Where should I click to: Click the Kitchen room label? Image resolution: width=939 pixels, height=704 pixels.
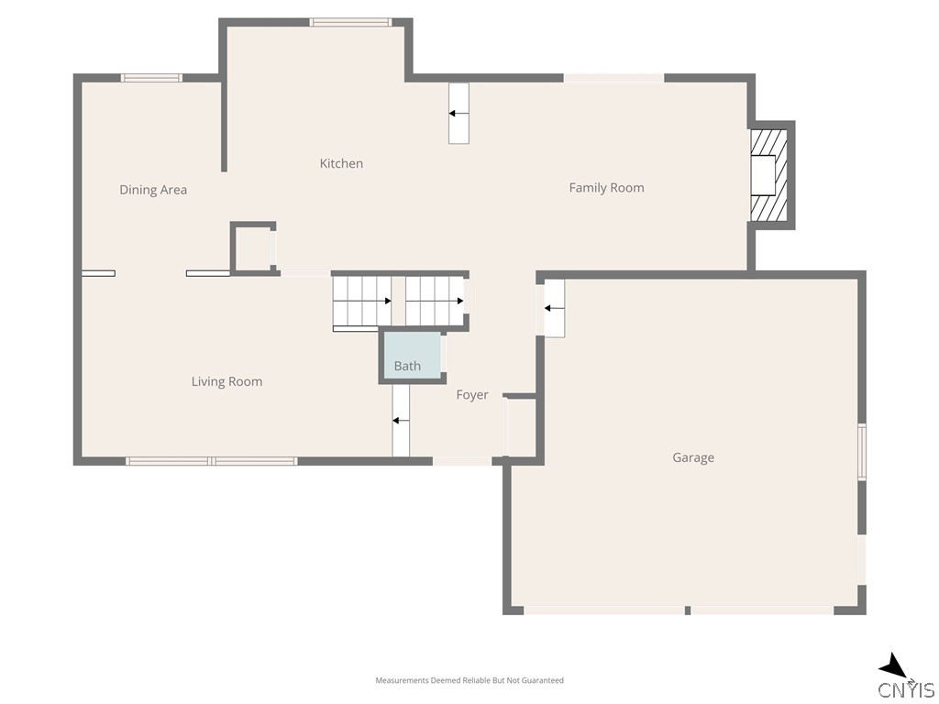coord(341,163)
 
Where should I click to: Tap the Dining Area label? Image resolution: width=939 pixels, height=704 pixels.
coord(153,190)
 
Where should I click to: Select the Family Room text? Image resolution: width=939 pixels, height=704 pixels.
coord(607,188)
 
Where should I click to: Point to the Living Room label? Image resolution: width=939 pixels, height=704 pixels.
coord(227,382)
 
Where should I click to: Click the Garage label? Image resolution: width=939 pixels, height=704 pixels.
coord(693,458)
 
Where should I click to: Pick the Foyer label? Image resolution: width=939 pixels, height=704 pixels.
coord(472,395)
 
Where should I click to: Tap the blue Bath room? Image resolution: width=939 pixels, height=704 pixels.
coord(412,355)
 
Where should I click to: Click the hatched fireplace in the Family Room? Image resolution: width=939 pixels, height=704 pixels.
coord(769,175)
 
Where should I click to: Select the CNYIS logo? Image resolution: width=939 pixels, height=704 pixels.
coord(907,689)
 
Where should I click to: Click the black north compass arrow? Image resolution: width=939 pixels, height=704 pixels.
coord(894,667)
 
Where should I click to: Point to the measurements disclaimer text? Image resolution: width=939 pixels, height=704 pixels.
coord(469,680)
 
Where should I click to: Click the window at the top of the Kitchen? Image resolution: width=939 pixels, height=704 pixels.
coord(350,23)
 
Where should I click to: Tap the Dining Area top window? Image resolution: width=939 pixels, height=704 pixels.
coord(151,78)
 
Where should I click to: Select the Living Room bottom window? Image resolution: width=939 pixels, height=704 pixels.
coord(212,461)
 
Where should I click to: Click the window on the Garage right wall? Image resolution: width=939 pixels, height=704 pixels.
coord(862,451)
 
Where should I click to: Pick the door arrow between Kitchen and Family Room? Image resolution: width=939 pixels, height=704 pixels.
coord(458,113)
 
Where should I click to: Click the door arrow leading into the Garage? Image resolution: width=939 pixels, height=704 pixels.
coord(554,308)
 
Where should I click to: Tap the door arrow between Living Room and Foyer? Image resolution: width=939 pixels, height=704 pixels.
coord(401,421)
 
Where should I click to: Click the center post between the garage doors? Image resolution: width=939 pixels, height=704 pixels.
coord(688,610)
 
